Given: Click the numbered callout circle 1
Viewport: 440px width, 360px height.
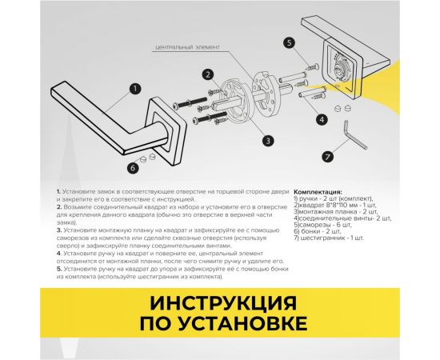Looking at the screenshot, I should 136,89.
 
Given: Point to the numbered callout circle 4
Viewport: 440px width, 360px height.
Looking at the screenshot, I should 321,119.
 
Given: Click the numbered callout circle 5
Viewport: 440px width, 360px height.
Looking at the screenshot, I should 289,42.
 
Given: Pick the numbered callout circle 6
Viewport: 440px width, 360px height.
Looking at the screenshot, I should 131,167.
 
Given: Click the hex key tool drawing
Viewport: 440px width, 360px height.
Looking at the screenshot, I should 351,131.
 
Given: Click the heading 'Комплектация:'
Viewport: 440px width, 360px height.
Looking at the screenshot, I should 318,193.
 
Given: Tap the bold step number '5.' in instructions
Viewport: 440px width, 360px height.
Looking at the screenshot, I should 60,268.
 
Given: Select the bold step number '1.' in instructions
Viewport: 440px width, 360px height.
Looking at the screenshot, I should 60,193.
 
